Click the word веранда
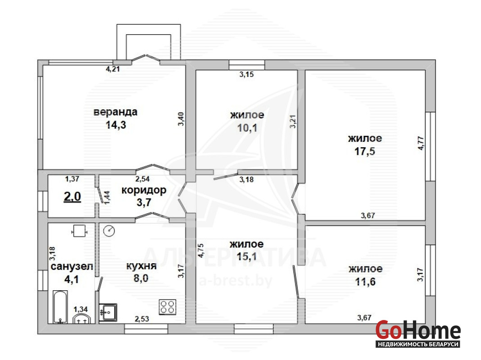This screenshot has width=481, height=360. (115, 112)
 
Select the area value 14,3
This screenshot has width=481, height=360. (116, 125)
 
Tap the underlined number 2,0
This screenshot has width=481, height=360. (73, 196)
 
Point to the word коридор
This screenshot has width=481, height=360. (144, 190)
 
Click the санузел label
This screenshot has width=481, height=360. (72, 266)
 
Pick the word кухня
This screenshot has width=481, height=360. (141, 266)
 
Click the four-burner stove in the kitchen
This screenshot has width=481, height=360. (168, 307)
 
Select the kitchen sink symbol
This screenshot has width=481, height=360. (108, 312)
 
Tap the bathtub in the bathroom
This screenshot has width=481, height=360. (60, 307)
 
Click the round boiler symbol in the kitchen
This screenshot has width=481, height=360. (109, 231)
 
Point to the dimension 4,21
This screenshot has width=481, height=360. (113, 69)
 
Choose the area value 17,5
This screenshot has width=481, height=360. (365, 151)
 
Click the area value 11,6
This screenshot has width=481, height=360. (365, 282)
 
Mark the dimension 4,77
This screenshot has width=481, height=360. (421, 143)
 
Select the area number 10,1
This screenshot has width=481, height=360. (247, 128)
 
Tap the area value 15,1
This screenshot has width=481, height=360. (247, 256)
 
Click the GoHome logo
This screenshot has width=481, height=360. (418, 333)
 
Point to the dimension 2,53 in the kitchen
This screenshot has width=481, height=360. (142, 319)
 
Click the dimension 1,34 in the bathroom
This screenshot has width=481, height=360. (81, 310)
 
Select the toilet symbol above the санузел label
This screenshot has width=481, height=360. (79, 231)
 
